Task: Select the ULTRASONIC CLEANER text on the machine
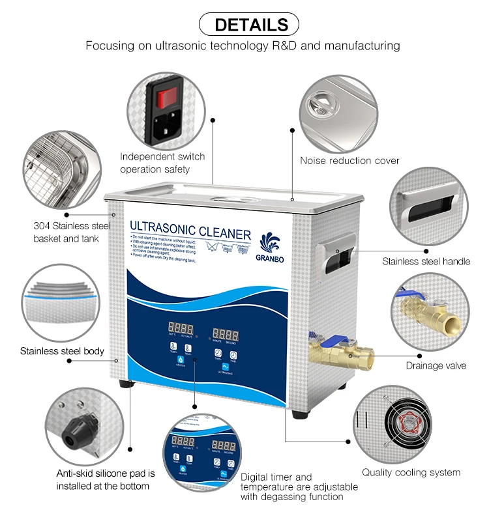(190, 231)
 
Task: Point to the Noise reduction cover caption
(349, 160)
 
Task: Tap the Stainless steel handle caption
(426, 262)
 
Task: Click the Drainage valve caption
(436, 365)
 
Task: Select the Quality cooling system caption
(411, 472)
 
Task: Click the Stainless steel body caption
(61, 351)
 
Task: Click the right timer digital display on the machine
(225, 333)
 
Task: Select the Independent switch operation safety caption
(162, 163)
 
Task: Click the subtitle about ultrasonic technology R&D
(243, 46)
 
